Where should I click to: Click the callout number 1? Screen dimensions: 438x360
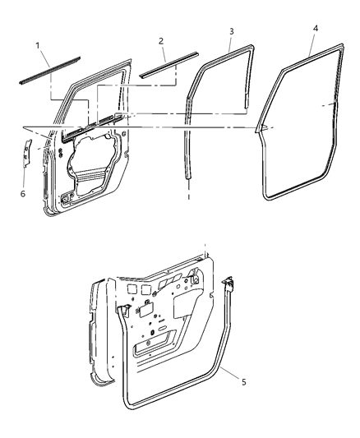tap(37, 43)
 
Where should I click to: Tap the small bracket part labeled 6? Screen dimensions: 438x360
tap(26, 151)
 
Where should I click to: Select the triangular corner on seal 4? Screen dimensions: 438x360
tap(264, 127)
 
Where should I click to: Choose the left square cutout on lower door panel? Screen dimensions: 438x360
tap(132, 290)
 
